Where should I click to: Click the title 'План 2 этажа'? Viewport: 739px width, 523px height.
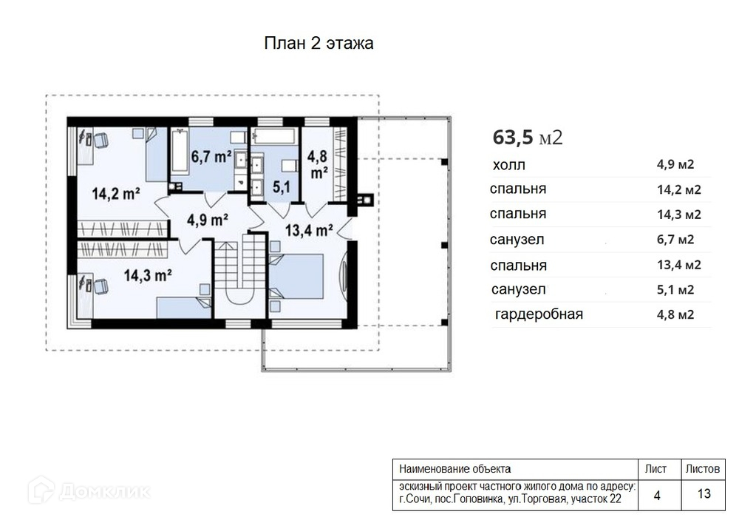coord(319,44)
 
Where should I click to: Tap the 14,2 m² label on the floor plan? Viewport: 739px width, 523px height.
coord(115,193)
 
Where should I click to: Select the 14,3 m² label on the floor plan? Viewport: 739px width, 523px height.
coord(148,275)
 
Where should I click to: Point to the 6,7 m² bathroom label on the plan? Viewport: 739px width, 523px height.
coord(211,156)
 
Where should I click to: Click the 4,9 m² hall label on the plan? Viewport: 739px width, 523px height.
coord(208,220)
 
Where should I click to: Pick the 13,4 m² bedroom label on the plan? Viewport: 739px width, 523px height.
coord(309,230)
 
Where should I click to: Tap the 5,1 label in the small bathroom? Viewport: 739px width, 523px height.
coord(282,187)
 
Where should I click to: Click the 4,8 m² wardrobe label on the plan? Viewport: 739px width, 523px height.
coord(318,164)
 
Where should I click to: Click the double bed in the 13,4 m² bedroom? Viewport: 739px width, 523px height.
coord(296,277)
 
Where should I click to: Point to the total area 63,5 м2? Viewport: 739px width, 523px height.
coord(528,138)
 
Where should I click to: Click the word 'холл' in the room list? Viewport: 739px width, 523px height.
coord(509,165)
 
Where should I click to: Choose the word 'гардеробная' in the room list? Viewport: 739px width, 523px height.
coord(539,314)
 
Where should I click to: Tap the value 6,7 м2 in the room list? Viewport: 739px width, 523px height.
coord(675,240)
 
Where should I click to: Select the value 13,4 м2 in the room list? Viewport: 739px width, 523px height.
coord(679,265)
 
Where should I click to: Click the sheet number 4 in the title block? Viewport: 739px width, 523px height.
coord(657,495)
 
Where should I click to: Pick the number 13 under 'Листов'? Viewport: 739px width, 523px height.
coord(704,493)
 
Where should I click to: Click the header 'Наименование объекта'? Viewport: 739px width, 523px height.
coord(454,469)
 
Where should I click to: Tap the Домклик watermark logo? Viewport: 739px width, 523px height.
coord(89,490)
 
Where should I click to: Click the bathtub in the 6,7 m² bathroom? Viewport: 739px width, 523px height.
coord(180,150)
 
